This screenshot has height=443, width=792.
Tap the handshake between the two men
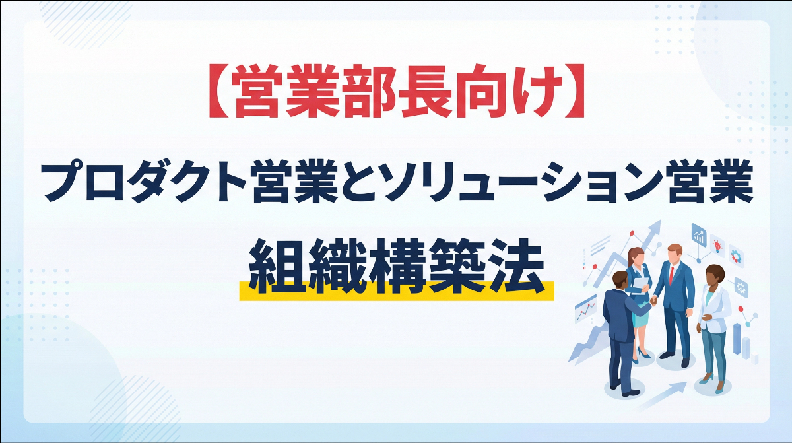[x=653, y=301]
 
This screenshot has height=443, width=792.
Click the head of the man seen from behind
[x=620, y=282]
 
